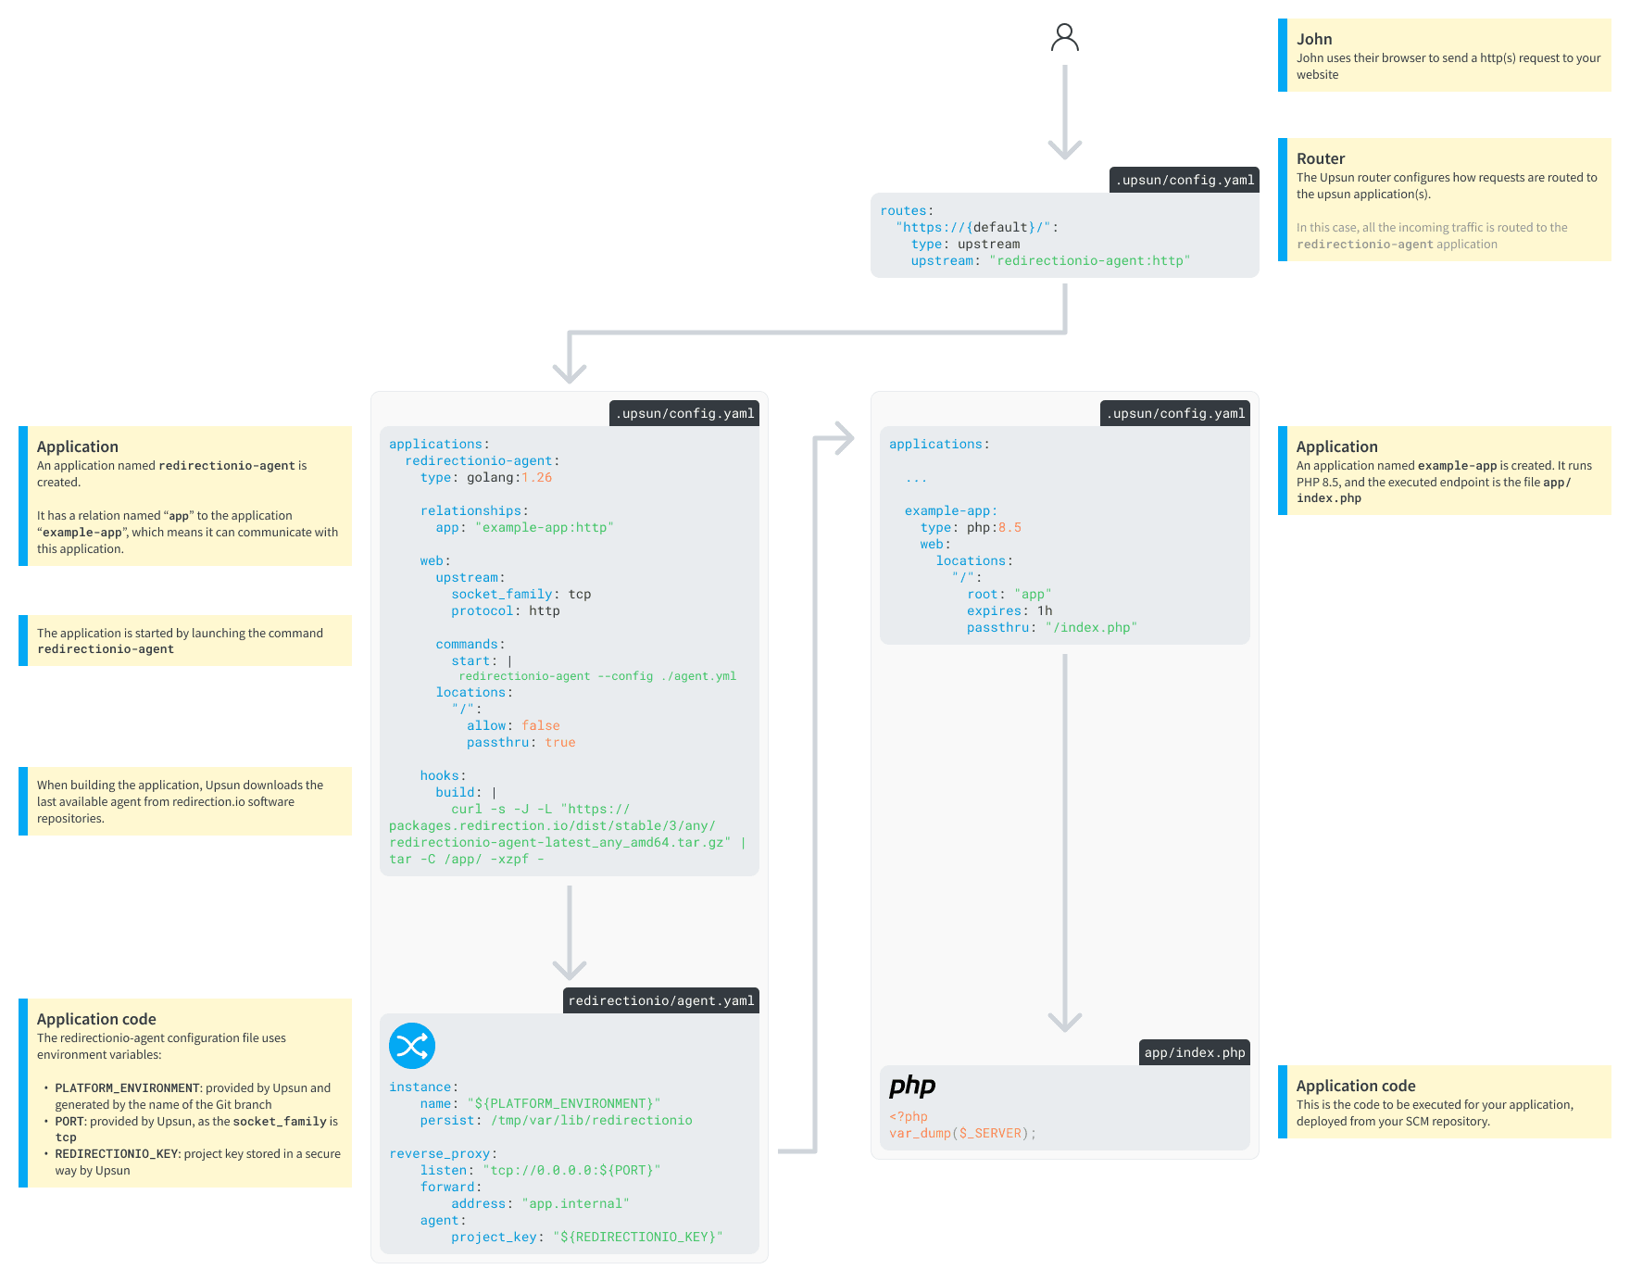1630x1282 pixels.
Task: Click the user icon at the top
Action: pos(1065,38)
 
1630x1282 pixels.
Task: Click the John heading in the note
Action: pos(1313,39)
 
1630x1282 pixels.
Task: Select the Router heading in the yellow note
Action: pos(1320,158)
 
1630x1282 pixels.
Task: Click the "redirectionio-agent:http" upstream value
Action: pos(1089,261)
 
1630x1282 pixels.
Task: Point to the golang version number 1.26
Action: pos(536,478)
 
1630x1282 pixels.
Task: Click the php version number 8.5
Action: pos(1009,528)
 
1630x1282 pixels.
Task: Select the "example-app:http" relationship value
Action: pos(545,528)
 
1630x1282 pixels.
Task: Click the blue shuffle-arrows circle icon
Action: pos(412,1046)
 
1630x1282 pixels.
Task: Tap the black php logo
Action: pos(912,1085)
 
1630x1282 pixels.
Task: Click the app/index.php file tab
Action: pos(1194,1052)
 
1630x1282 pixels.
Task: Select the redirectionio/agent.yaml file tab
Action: pos(660,1000)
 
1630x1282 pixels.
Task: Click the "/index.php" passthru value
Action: pos(1091,628)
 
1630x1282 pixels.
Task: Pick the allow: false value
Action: pos(540,726)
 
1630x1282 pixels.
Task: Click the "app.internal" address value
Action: pos(575,1204)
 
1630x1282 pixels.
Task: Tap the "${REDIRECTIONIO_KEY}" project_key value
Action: pos(637,1238)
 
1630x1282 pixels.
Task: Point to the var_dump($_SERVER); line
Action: pos(962,1134)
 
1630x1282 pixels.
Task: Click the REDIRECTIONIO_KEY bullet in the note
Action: pos(117,1154)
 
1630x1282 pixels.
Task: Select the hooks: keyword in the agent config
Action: pos(442,776)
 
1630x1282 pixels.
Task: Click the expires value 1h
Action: pos(1045,611)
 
